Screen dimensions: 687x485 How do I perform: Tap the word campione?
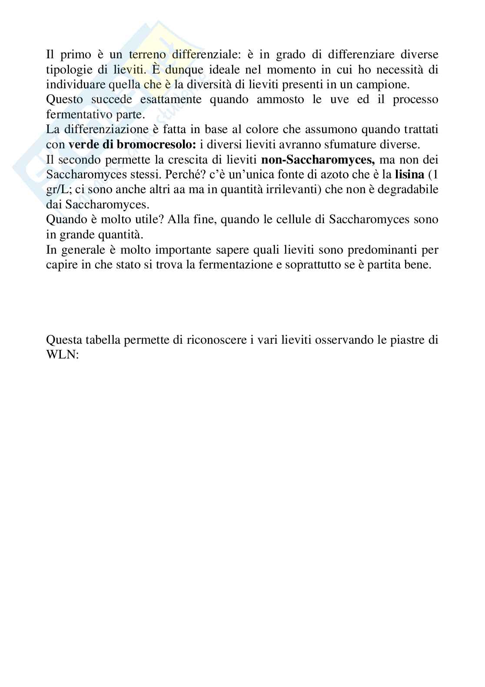point(385,84)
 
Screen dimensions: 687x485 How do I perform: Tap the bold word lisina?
point(409,175)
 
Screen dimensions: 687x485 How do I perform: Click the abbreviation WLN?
point(62,355)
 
